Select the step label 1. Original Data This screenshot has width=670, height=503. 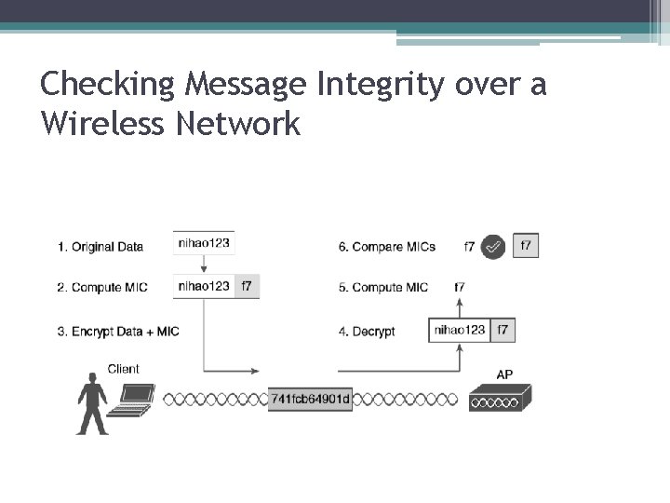pos(100,247)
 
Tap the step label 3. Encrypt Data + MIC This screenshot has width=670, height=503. pos(118,331)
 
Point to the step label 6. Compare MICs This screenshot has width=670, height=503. pos(387,247)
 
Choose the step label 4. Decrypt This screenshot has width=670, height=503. pos(367,331)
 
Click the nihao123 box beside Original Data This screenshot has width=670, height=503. pos(204,244)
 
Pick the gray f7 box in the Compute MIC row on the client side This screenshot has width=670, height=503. pos(247,286)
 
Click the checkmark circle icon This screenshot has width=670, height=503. pos(494,247)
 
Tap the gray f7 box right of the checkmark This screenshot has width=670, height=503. pos(526,246)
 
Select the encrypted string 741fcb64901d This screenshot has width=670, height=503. pos(311,400)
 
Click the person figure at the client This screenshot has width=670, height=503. pos(92,403)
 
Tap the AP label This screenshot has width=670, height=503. pos(504,374)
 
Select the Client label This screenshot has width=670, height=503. pos(124,369)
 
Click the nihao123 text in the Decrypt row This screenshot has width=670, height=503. pos(460,330)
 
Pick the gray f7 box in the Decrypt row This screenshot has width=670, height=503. pos(502,330)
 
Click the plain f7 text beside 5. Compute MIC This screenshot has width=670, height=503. pos(460,288)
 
